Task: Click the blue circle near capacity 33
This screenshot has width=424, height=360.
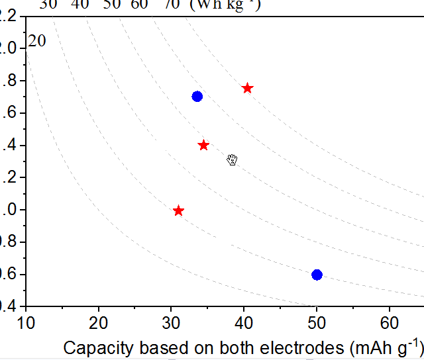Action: coord(197,96)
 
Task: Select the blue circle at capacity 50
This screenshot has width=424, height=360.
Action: coord(317,275)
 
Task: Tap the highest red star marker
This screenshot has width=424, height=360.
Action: coord(248,88)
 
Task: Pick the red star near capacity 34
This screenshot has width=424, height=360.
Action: coord(203,145)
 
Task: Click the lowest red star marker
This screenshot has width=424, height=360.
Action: coord(178,210)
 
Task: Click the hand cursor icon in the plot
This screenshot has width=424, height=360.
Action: coord(232,159)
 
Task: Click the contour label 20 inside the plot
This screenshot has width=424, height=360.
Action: coord(37,41)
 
